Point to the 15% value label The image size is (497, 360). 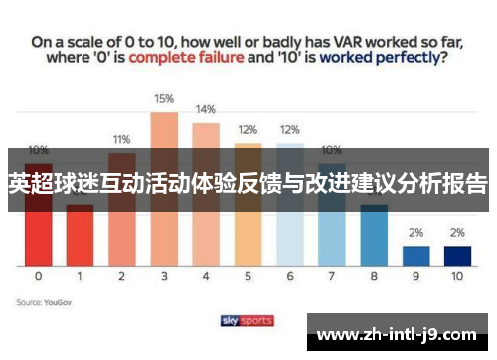[x=164, y=99]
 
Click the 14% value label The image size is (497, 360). [x=206, y=109]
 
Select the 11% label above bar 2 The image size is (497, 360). [x=121, y=139]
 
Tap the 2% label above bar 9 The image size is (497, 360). [x=415, y=232]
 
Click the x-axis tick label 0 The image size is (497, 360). [x=38, y=277]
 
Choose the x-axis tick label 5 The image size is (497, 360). [x=248, y=277]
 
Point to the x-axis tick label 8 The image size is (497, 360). [x=374, y=277]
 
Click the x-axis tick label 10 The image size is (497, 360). [x=457, y=277]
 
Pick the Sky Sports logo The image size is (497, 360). [x=248, y=320]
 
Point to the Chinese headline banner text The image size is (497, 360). [x=248, y=184]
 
